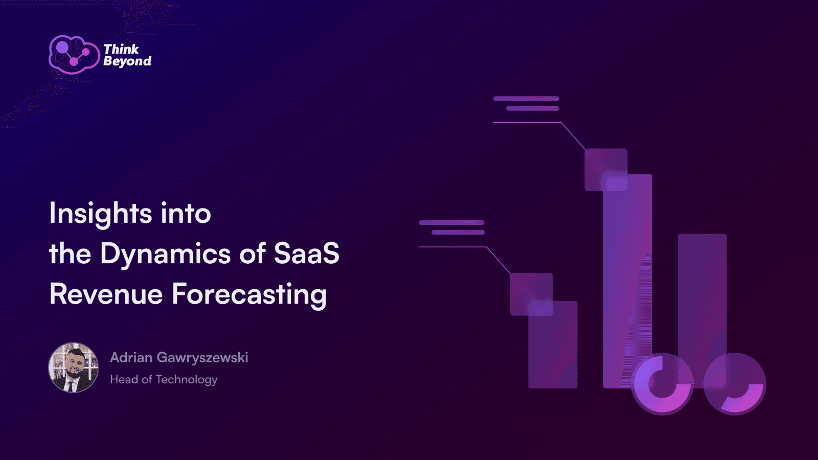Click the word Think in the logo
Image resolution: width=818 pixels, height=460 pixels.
[x=121, y=49]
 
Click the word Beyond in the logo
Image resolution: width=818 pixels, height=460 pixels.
[x=127, y=61]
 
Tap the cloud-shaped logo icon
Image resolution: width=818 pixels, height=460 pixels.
[x=74, y=55]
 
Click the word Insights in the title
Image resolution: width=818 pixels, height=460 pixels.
[x=100, y=214]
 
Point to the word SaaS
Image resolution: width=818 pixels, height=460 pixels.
[x=307, y=254]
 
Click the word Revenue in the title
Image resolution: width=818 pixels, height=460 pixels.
[x=106, y=294]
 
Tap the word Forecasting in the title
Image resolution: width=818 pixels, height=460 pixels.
[x=249, y=295]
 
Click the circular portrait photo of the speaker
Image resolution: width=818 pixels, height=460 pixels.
[x=74, y=367]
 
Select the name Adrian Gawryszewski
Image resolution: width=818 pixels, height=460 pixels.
[x=179, y=358]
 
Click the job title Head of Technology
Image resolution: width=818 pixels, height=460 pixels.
[x=164, y=380]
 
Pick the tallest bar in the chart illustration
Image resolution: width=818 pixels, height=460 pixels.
[x=627, y=281]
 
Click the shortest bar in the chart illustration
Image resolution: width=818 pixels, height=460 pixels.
[x=553, y=344]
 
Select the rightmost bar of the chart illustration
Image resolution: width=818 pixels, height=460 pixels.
[x=702, y=311]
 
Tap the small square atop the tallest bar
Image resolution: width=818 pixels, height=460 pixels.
[x=606, y=170]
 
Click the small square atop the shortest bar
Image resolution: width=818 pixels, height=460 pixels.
[x=531, y=294]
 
